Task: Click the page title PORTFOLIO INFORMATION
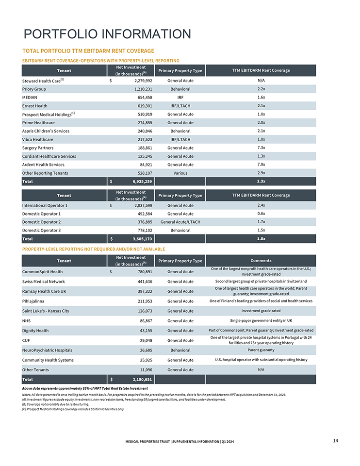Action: coord(107,34)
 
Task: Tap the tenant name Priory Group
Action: coord(34,89)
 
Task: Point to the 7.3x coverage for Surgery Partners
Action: coord(261,148)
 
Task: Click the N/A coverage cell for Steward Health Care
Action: coord(261,81)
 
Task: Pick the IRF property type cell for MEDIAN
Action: coord(180,98)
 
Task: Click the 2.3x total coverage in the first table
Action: coord(261,182)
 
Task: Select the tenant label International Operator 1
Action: coord(45,205)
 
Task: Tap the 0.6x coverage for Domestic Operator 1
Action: coord(261,214)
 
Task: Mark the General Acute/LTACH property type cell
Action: coord(180,222)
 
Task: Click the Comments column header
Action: coord(261,261)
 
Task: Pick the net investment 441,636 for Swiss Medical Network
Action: coord(142,282)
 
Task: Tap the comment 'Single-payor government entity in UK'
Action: coord(261,321)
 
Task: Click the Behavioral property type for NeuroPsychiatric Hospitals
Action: coord(180,350)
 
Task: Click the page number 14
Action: coord(335,440)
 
